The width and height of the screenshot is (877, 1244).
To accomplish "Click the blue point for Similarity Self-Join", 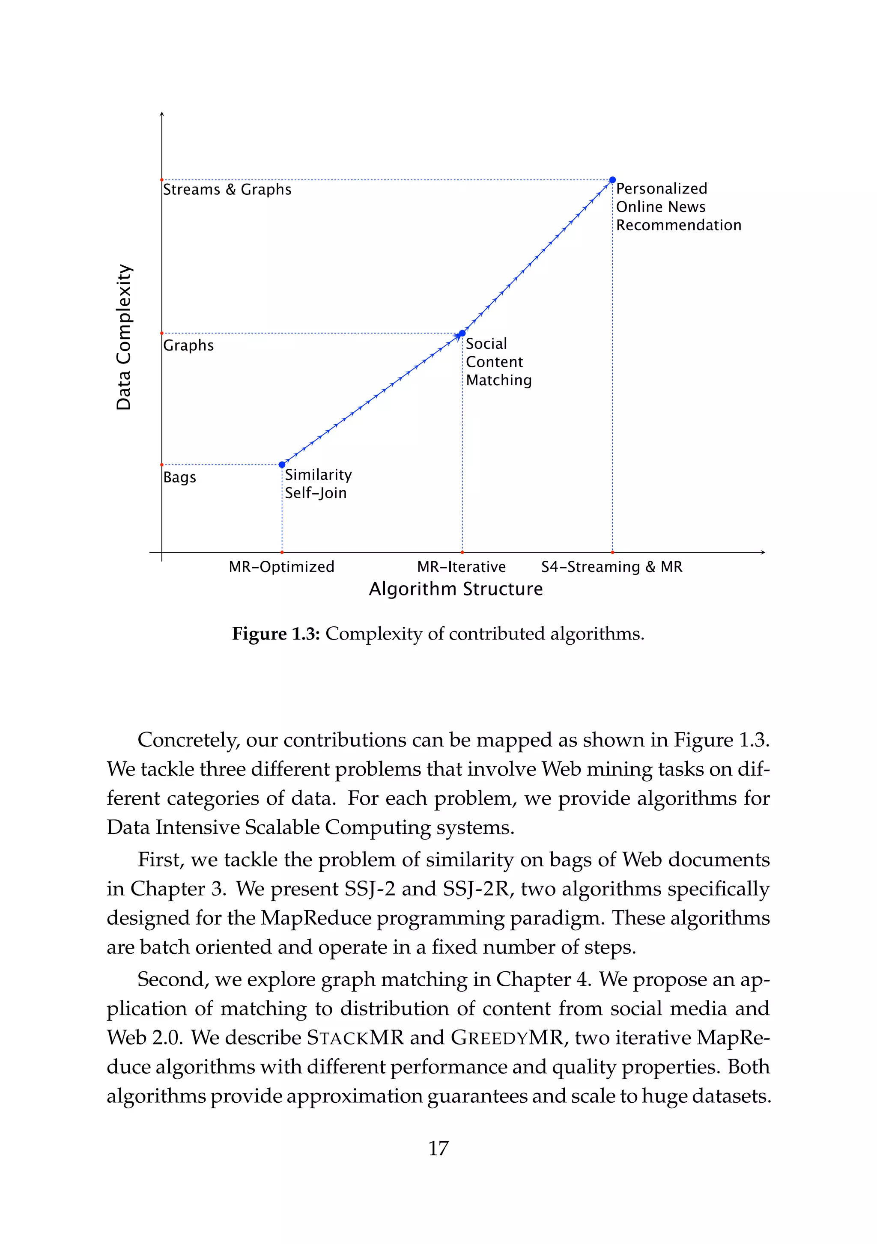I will (282, 464).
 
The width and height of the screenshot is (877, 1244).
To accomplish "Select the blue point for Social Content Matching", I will (462, 333).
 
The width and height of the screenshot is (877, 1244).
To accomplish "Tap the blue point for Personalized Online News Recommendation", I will (612, 180).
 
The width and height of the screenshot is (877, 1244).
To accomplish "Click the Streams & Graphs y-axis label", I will (227, 190).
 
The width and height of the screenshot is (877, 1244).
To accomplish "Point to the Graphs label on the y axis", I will (188, 345).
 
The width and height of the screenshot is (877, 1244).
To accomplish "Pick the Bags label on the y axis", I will (179, 477).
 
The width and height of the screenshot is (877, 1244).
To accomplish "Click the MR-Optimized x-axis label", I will (281, 567).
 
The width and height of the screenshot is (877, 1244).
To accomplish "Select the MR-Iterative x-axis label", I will (461, 567).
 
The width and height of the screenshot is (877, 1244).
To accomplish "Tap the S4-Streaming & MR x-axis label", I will (612, 567).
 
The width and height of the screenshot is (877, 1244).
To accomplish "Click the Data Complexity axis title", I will (124, 337).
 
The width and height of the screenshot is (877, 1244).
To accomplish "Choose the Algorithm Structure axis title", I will (455, 589).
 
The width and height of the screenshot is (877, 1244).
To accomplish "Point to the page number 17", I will (438, 1148).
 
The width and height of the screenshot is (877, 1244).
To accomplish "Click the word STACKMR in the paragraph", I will (355, 1037).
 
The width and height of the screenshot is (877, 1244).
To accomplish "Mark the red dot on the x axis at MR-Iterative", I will (462, 552).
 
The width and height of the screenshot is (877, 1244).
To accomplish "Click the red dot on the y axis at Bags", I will (161, 464).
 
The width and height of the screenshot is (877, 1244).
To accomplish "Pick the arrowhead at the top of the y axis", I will (161, 114).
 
